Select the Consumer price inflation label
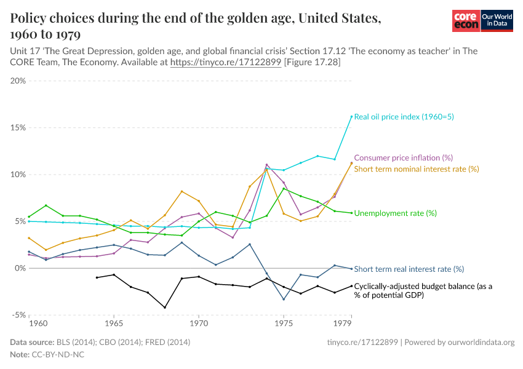403,158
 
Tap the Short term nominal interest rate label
417,169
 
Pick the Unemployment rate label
395,213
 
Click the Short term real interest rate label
409,269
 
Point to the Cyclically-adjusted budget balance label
423,290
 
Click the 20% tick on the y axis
17,81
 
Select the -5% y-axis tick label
17,315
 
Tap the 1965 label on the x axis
114,323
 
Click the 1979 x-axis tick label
343,323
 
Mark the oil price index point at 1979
351,116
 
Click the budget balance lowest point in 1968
165,307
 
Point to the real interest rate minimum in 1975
284,300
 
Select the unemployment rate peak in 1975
284,189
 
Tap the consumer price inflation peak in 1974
266,165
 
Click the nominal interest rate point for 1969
182,191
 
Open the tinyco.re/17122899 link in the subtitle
225,63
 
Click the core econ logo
466,21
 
